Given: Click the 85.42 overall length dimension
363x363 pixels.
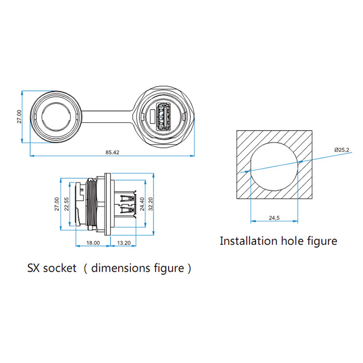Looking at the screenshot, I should point(113,152).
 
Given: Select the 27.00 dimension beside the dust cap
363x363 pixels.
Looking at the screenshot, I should point(19,117).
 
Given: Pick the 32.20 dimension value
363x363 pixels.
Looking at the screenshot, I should point(151,203).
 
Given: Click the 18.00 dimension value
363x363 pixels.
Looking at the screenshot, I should point(93,242).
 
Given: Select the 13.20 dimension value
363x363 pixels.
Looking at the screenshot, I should point(124,242).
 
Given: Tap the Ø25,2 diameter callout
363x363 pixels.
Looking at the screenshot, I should point(341,150).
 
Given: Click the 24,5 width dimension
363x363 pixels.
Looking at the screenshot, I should point(274,218).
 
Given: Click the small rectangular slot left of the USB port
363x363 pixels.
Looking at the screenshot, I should point(150,117).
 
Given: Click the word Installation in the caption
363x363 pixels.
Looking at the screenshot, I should point(248,241).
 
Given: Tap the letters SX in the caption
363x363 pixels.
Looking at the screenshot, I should point(34,269).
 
